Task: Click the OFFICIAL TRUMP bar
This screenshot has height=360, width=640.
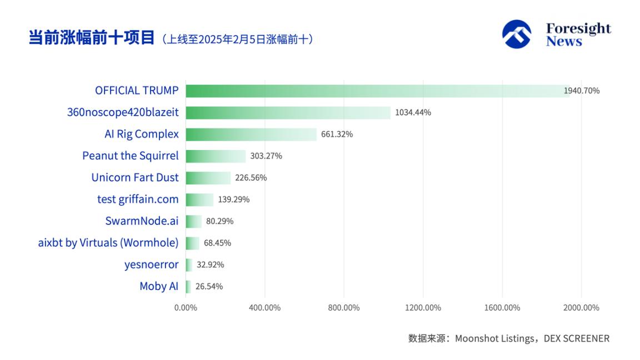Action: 378,91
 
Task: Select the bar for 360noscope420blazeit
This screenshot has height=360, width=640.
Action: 288,113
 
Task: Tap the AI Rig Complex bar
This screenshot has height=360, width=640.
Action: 251,134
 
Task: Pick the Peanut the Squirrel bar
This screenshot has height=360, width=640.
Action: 216,156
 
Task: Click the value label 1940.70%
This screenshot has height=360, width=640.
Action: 582,91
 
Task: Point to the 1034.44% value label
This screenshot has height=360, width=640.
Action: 413,113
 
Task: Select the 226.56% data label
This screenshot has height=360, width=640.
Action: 251,178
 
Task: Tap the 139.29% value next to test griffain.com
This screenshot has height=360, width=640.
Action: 233,199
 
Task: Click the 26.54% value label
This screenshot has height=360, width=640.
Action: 209,287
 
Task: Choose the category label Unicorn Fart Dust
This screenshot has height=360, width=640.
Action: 135,178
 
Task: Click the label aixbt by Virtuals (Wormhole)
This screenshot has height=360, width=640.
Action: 108,243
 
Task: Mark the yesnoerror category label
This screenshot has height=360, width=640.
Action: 151,264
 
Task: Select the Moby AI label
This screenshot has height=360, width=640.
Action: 159,287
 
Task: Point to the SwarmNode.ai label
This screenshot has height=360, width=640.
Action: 142,221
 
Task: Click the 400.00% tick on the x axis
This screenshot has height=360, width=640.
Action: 264,308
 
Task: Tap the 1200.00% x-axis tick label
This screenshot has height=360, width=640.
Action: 423,308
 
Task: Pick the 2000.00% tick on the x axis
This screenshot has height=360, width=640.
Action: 581,308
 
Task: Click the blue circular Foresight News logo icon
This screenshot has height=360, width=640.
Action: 517,34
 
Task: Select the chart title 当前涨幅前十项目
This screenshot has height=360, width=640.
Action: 92,38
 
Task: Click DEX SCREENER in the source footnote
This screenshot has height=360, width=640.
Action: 576,338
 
